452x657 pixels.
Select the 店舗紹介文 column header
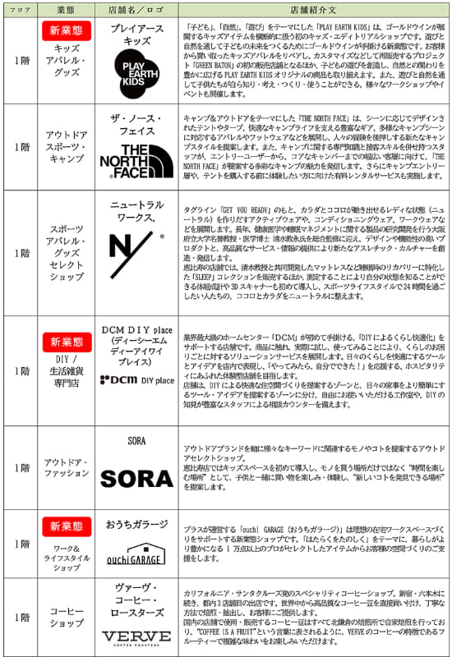[x=314, y=9]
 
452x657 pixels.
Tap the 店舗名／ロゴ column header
[x=136, y=9]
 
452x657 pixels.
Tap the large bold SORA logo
[x=136, y=478]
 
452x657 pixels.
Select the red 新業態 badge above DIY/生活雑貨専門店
[x=66, y=341]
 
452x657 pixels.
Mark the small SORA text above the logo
[x=136, y=441]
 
